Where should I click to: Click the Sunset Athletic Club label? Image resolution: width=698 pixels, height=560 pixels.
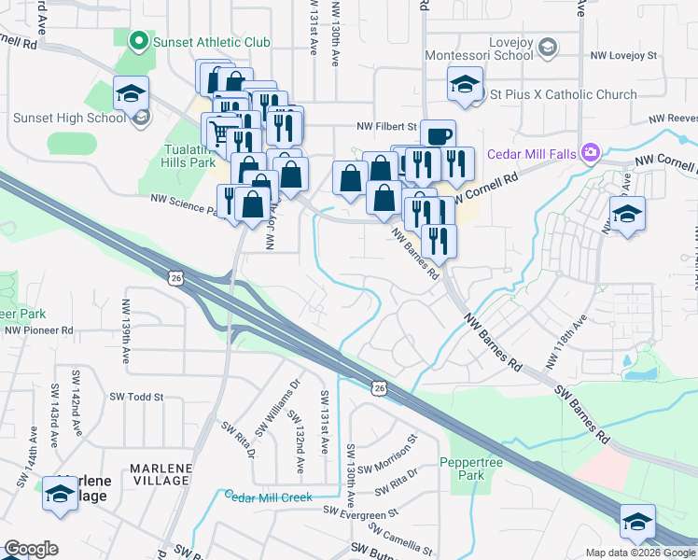click(x=212, y=42)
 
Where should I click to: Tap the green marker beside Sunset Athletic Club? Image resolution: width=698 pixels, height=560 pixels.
click(x=139, y=41)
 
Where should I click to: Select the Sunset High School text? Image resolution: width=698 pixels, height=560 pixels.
click(x=69, y=118)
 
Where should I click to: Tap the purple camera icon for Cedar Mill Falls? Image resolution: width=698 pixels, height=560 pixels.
click(x=590, y=152)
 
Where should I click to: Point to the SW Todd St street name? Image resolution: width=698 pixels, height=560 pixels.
click(x=136, y=397)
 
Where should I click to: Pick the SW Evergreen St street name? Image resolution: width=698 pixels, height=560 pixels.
click(x=361, y=511)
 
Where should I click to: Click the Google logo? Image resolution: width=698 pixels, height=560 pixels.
click(x=31, y=549)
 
